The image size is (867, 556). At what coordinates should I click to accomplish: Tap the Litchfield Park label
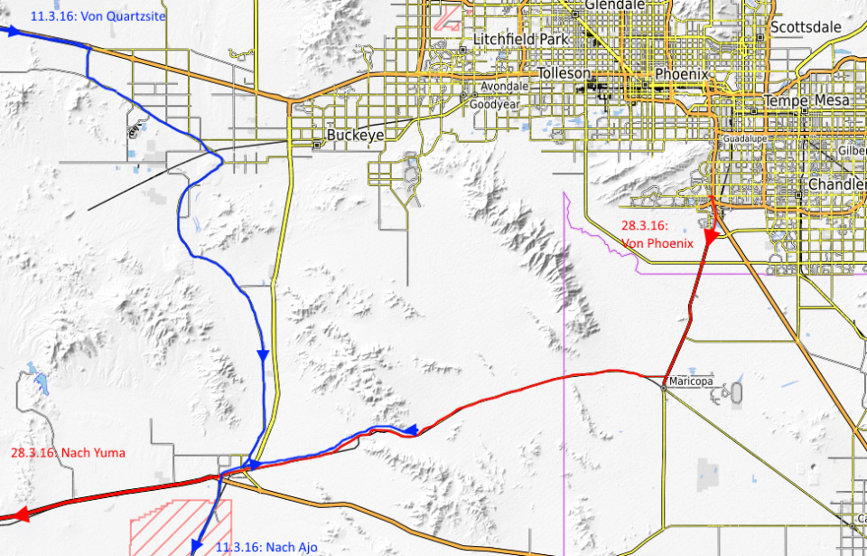(x=518, y=41)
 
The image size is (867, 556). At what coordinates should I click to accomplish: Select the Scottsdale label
(x=806, y=27)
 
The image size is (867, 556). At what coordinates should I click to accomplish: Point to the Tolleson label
(x=564, y=73)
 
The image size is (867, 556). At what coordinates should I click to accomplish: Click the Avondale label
(x=504, y=86)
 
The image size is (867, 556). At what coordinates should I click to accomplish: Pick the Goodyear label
(x=494, y=104)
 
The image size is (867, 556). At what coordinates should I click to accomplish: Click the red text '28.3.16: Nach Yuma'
(x=69, y=452)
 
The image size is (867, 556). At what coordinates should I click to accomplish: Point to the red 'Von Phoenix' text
(x=657, y=242)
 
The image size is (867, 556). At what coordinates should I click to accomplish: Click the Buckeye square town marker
(x=316, y=145)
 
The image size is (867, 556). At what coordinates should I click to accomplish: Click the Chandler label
(x=837, y=184)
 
